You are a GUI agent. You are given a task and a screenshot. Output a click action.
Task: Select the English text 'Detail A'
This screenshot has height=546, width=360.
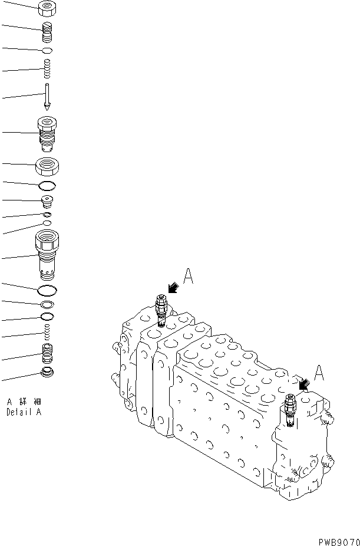coord(24,413)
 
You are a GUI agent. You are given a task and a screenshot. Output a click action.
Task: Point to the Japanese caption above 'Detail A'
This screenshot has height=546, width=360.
coord(24,402)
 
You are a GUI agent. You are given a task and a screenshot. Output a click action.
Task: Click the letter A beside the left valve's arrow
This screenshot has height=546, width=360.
coord(189,275)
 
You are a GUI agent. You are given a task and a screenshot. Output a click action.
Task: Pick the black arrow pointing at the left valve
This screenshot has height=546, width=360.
coord(173,287)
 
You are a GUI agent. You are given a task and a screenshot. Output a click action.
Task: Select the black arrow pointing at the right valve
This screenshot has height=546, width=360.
coord(305,385)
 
